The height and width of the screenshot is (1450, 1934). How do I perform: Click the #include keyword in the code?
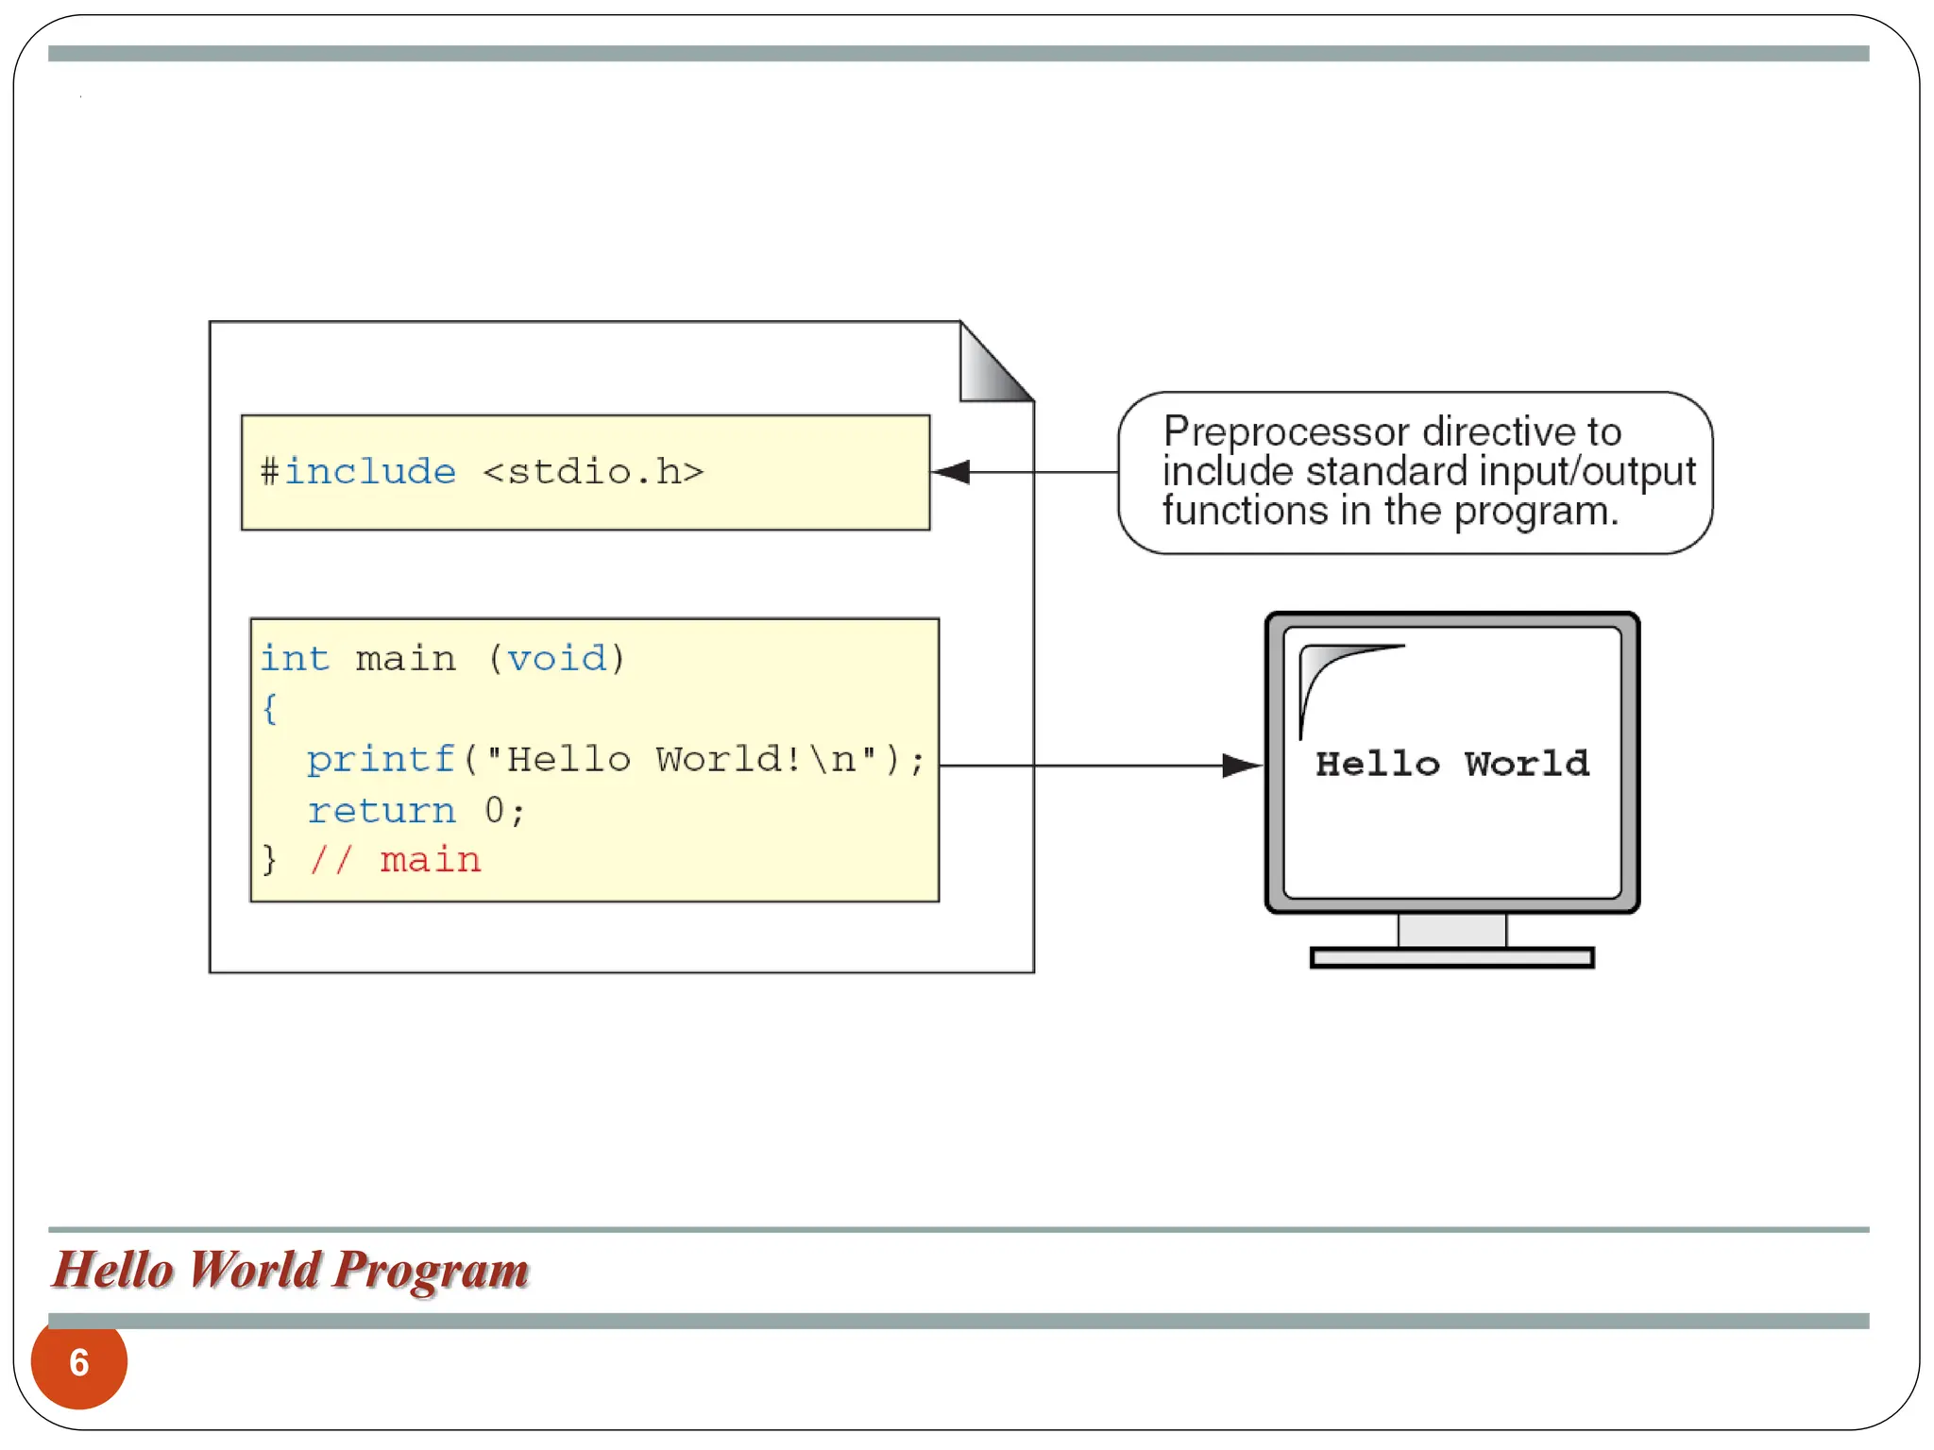pos(359,471)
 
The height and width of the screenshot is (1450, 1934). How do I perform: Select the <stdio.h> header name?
pos(593,471)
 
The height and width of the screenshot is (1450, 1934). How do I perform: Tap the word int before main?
pos(295,658)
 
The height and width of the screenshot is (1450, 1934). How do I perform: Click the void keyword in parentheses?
pos(557,658)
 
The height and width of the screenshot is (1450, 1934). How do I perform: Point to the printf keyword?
pos(382,760)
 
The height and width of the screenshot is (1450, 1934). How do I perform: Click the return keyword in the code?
pos(382,811)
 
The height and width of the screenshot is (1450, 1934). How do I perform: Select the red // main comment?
pos(396,860)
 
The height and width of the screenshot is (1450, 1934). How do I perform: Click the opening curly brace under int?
pos(270,708)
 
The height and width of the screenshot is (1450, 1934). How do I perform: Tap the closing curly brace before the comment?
pos(270,860)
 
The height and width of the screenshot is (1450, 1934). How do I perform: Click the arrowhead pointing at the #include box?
pos(952,472)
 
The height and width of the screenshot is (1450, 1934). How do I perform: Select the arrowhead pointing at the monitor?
pos(1241,766)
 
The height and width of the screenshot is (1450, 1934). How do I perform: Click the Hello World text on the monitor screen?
pos(1452,764)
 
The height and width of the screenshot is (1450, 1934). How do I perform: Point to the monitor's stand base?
pos(1452,958)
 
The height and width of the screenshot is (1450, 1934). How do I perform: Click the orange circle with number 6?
pos(79,1362)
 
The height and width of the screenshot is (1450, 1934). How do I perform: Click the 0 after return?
pos(494,811)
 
